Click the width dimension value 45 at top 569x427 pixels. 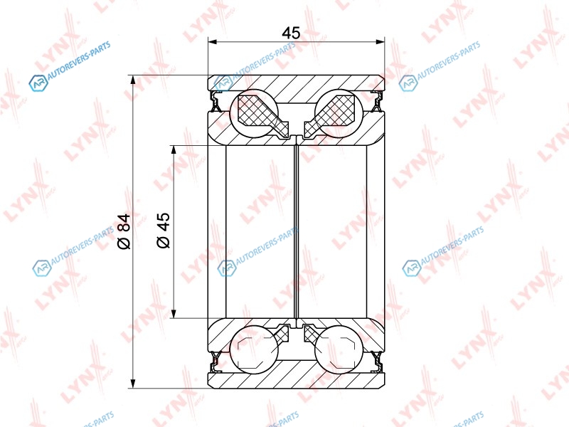click(291, 33)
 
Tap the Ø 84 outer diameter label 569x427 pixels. click(124, 232)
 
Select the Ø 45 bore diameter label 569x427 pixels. click(164, 230)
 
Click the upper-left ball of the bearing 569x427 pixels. click(255, 112)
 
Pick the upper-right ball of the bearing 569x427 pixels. click(339, 112)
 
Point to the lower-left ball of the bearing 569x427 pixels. click(255, 349)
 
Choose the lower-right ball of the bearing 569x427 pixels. click(339, 349)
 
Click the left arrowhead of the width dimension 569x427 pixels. click(212, 42)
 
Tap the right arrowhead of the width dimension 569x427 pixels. click(380, 42)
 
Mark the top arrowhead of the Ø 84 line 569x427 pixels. click(134, 80)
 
